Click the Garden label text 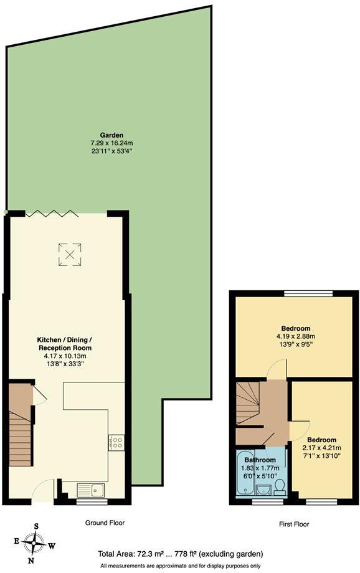[x=112, y=135]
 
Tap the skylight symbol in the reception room [x=69, y=252]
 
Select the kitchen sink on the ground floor [x=92, y=490]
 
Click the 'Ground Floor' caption [x=105, y=523]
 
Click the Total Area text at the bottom [x=181, y=553]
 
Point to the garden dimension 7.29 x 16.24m [x=112, y=143]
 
